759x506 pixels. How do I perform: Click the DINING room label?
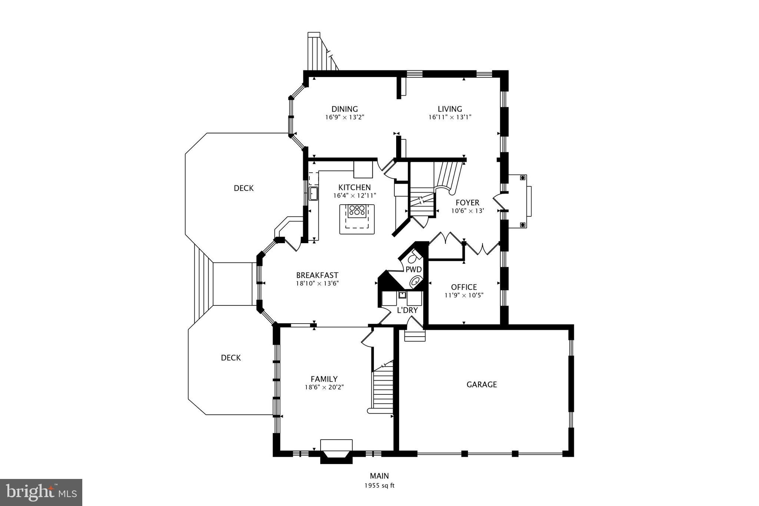point(345,109)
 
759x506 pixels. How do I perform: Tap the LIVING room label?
point(450,109)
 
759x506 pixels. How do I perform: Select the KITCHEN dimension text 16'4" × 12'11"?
point(355,195)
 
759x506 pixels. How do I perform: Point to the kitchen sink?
point(314,194)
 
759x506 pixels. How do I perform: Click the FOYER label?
point(468,203)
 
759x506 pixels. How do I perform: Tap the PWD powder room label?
point(414,269)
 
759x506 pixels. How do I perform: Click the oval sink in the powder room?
point(416,282)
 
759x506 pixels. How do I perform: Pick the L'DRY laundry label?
point(407,310)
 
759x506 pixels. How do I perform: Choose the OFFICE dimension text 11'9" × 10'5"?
point(464,295)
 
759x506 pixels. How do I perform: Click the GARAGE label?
point(482,384)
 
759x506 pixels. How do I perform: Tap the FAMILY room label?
point(324,379)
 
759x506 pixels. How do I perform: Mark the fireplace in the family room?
point(336,451)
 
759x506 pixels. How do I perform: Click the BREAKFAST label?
point(317,275)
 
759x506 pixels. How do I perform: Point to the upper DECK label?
point(244,188)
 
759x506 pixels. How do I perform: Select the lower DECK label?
point(231,358)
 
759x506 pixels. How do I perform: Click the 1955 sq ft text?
point(379,486)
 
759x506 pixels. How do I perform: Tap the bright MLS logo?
point(41,493)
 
